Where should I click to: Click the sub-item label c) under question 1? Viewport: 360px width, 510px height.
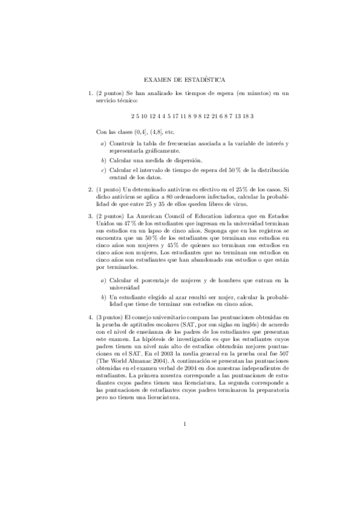click(103, 170)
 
